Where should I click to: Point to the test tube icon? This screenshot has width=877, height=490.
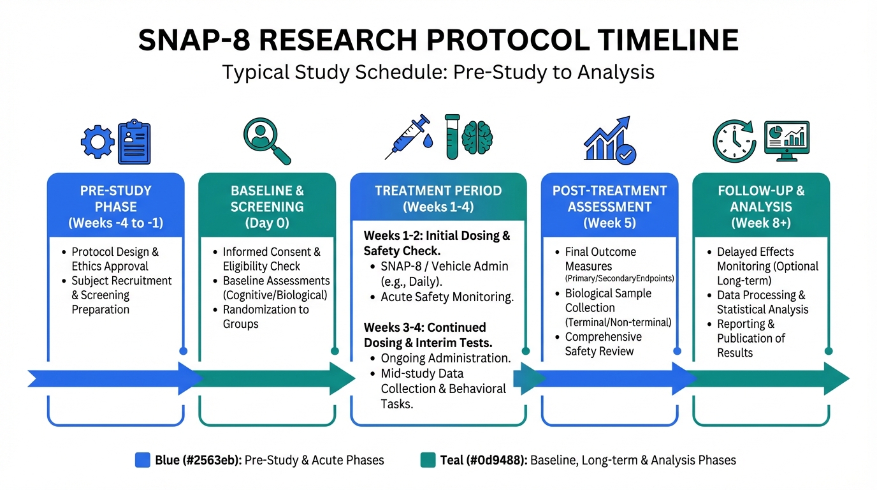tap(453, 137)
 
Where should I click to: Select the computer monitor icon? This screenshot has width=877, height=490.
tap(786, 140)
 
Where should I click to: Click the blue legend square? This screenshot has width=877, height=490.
tap(143, 460)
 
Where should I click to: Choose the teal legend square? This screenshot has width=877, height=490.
tap(428, 460)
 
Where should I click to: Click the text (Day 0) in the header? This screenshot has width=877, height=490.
tap(267, 223)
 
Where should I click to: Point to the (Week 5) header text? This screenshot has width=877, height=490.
tap(609, 223)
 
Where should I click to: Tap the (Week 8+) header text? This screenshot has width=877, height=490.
tap(761, 223)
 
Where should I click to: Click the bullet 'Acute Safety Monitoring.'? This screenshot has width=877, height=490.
tap(447, 297)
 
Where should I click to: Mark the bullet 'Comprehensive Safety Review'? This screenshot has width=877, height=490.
tap(603, 344)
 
